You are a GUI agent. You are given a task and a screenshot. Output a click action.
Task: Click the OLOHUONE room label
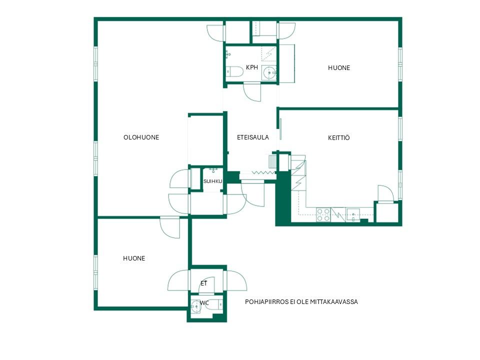click(141, 137)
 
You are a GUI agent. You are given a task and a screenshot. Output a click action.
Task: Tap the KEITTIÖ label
click(338, 138)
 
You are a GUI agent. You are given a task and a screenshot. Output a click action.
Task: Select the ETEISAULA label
click(253, 137)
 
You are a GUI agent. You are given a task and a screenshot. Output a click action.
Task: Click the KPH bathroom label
click(252, 67)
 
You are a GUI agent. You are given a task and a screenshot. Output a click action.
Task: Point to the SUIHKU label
click(213, 181)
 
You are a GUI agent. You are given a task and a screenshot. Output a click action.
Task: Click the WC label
click(204, 303)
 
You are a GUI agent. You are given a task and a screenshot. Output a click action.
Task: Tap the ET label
click(204, 283)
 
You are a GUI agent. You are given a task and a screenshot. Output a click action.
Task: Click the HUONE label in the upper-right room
click(339, 68)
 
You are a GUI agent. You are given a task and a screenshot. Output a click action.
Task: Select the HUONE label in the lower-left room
click(134, 258)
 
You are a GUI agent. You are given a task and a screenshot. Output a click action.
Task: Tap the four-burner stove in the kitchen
click(323, 214)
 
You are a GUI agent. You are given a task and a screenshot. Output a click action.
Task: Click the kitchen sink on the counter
click(353, 214)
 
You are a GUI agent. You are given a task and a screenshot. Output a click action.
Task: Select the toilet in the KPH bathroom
click(234, 72)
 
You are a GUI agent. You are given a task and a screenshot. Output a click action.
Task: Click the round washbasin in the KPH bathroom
click(269, 73)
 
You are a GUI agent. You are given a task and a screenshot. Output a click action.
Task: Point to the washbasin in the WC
click(195, 305)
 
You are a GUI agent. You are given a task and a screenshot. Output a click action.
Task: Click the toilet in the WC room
click(214, 304)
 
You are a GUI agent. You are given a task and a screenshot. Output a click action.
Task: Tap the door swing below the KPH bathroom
click(252, 92)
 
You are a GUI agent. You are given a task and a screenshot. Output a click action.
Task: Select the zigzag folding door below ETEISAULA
click(263, 173)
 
